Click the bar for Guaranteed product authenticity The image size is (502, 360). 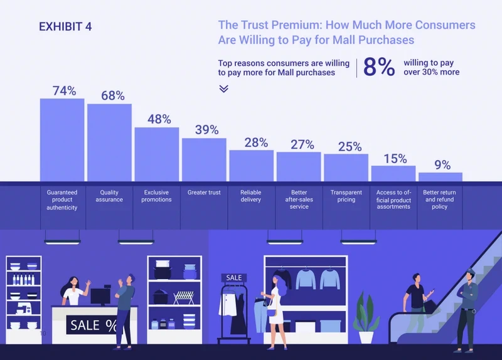click(x=62, y=140)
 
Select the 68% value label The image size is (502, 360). click(x=113, y=96)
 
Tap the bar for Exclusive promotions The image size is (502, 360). click(x=157, y=154)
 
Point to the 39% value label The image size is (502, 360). click(x=206, y=130)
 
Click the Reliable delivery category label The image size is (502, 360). click(x=251, y=196)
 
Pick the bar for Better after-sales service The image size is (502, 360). click(x=299, y=166)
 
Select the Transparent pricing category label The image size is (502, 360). click(x=346, y=196)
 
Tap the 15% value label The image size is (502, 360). click(x=395, y=159)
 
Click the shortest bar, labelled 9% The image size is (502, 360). click(x=440, y=177)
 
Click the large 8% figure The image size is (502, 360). click(x=379, y=68)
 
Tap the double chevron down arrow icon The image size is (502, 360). click(x=223, y=88)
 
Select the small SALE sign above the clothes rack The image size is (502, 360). click(x=233, y=277)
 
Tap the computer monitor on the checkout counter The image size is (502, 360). click(x=100, y=296)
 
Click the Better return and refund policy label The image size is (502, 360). click(x=439, y=199)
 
